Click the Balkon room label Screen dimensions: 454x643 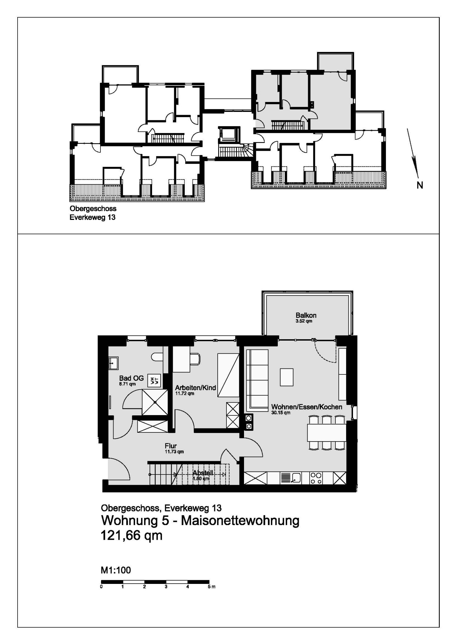[x=306, y=315]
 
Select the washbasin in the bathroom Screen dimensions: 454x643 [x=113, y=363]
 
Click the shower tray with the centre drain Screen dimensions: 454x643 [x=155, y=402]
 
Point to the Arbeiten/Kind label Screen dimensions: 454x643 [x=196, y=388]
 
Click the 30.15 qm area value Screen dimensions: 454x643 [x=281, y=413]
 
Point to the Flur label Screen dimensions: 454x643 [x=171, y=446]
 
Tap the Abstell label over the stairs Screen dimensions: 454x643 [x=203, y=473]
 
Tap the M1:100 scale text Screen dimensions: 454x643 [x=116, y=570]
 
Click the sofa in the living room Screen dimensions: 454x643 [x=257, y=380]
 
